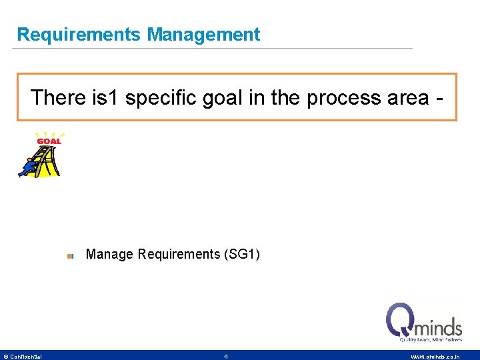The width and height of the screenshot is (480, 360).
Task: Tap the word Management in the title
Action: pos(203,35)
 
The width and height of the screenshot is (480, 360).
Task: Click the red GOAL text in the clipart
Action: pos(49,141)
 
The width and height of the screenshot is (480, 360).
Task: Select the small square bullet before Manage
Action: pos(70,255)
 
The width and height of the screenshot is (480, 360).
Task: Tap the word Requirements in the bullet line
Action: pos(178,254)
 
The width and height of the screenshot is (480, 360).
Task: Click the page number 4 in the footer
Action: pos(226,357)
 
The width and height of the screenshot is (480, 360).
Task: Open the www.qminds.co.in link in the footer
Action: pos(435,357)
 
